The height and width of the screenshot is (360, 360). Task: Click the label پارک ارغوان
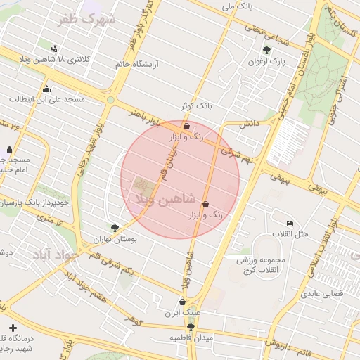tap(266, 62)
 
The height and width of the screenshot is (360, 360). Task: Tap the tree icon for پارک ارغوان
tap(266, 49)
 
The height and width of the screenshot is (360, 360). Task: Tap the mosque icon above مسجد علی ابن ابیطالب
tap(46, 89)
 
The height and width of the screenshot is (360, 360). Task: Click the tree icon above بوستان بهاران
tap(115, 227)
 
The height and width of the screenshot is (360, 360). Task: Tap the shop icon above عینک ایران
tap(182, 302)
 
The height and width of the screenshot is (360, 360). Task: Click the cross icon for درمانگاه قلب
tap(13, 328)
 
